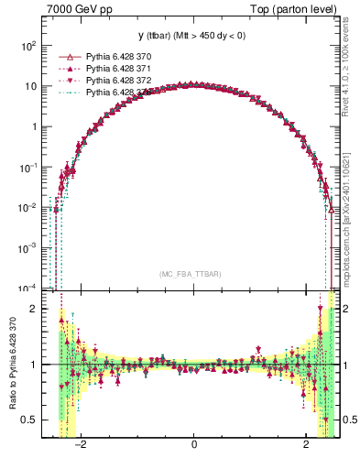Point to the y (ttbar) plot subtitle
(193, 36)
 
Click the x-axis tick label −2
(81, 446)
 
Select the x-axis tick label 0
(194, 446)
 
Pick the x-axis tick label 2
(307, 446)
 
